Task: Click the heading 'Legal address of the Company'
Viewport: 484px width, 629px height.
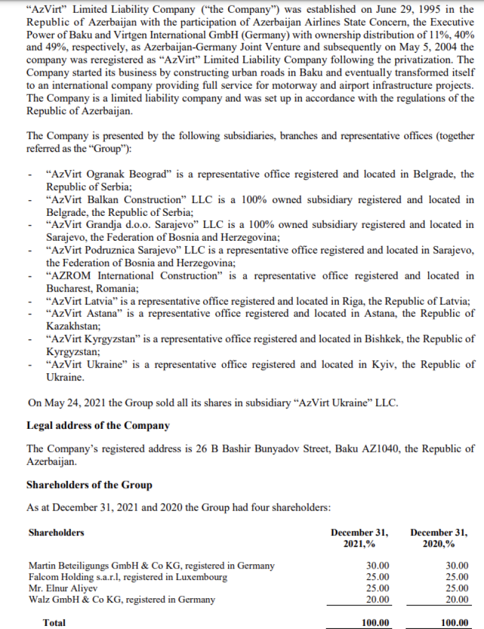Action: [x=98, y=425]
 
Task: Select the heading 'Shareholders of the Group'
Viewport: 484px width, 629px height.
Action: [x=90, y=485]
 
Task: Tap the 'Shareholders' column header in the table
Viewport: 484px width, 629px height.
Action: [x=56, y=533]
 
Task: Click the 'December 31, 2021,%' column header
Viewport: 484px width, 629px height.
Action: [x=359, y=538]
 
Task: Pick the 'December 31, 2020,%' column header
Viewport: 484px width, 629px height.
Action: [x=439, y=538]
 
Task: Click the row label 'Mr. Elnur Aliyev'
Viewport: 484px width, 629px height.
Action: [x=63, y=588]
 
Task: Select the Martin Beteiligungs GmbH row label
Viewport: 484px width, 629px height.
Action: [x=151, y=566]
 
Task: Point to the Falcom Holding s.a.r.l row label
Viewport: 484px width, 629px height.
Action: [x=128, y=577]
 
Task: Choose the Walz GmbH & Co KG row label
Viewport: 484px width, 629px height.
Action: [x=122, y=599]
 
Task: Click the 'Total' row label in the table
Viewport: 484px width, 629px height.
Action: [x=54, y=622]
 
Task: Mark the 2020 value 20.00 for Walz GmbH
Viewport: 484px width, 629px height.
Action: [x=457, y=599]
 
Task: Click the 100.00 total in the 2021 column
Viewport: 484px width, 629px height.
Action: [x=375, y=622]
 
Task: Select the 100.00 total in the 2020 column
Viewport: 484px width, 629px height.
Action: [x=454, y=622]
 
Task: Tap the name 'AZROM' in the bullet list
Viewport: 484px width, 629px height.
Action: [x=67, y=276]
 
